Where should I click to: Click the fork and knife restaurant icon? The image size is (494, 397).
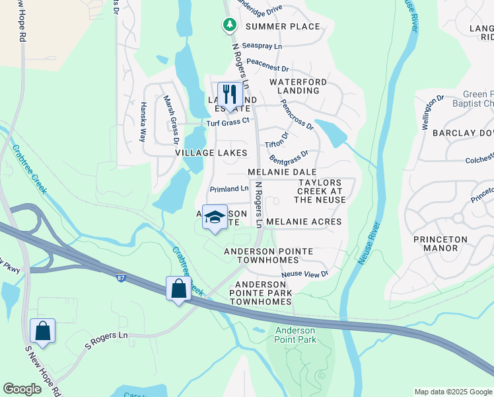click(x=229, y=95)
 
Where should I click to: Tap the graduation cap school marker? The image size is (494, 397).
click(x=215, y=218)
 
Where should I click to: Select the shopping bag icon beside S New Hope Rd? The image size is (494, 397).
click(x=42, y=331)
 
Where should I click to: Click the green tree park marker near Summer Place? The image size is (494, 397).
click(x=229, y=25)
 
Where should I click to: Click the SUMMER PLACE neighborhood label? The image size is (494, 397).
click(x=283, y=26)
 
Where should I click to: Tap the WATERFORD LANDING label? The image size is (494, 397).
click(x=298, y=86)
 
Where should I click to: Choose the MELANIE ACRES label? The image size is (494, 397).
click(x=304, y=222)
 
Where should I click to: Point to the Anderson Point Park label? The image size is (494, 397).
click(x=296, y=335)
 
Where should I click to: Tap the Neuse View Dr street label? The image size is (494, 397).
click(x=304, y=273)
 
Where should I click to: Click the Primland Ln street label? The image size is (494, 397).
click(x=229, y=189)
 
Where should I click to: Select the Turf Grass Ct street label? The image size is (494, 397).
click(x=228, y=121)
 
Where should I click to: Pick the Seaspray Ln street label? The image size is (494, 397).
click(x=262, y=46)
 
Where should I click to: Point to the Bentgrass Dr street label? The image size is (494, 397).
click(x=289, y=157)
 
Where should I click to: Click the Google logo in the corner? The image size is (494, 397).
click(x=22, y=389)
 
